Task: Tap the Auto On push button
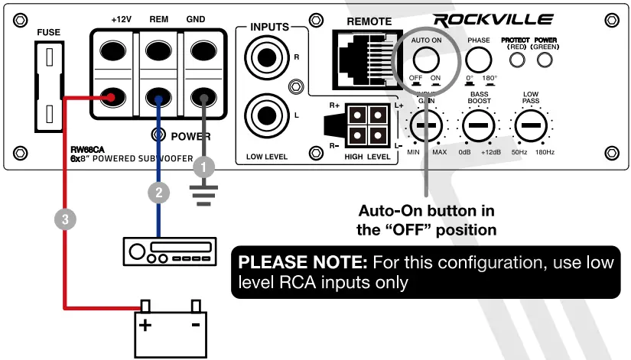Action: pos(426,60)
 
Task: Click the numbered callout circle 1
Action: pos(202,164)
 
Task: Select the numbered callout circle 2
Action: pos(158,193)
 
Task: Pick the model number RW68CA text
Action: pos(85,150)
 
